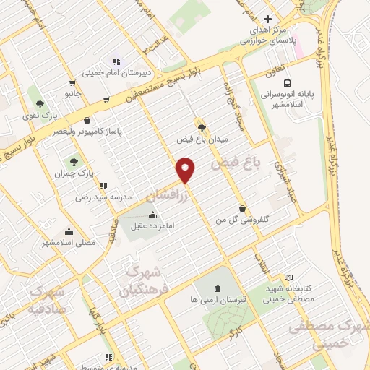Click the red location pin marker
[x=186, y=170]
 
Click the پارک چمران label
[x=75, y=173]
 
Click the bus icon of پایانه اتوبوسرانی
[x=288, y=83]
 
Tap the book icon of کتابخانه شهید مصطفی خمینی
[x=289, y=277]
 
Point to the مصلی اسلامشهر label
[x=69, y=243]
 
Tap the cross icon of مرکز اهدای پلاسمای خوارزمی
[x=267, y=19]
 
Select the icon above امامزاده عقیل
[x=152, y=215]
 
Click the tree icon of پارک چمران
[x=74, y=161]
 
